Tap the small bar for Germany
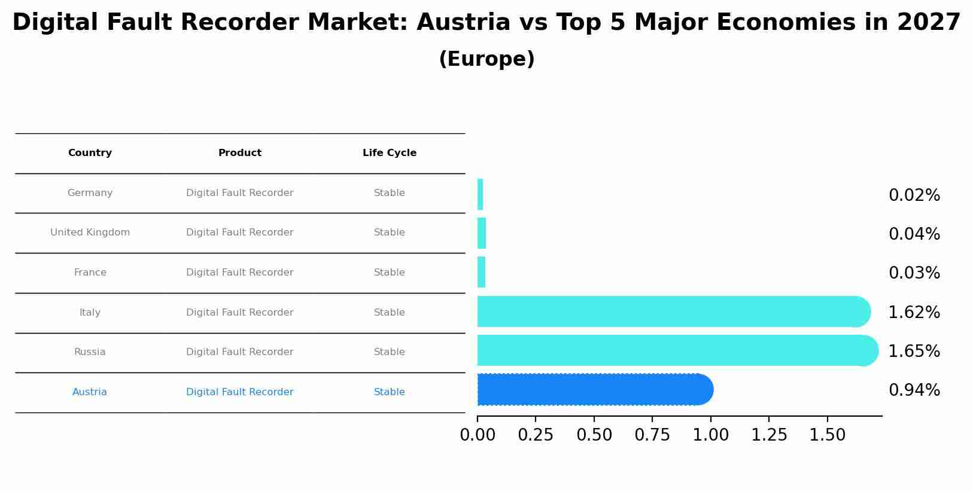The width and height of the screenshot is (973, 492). tap(480, 194)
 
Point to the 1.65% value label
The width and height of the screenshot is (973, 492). tap(914, 352)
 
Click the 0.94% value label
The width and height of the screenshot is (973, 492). tap(914, 390)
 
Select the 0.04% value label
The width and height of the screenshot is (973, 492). tap(914, 234)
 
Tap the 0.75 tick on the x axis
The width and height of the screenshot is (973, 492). tap(652, 435)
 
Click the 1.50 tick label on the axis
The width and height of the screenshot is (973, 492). tap(828, 435)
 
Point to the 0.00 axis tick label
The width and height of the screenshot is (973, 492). tap(478, 435)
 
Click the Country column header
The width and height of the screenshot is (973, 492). tap(90, 153)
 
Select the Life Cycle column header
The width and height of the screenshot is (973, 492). tap(390, 153)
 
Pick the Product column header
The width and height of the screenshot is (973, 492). tap(239, 153)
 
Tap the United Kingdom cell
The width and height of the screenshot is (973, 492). tap(90, 233)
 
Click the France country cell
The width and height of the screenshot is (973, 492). tap(90, 273)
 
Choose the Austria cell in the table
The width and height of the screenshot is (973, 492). tap(90, 392)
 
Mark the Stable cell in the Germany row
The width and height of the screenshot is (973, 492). tap(390, 193)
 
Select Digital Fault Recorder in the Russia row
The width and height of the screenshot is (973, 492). tap(239, 352)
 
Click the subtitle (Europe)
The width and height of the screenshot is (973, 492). tap(486, 59)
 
